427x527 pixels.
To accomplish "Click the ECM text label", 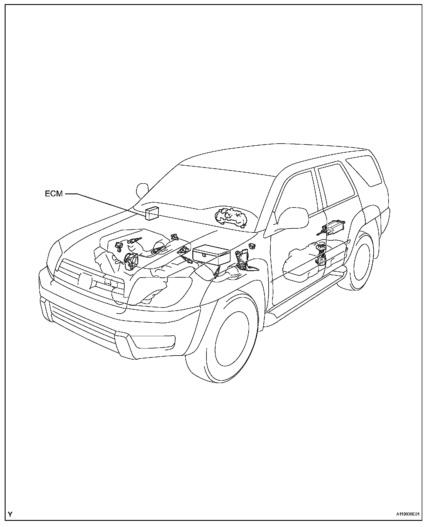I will [x=54, y=194].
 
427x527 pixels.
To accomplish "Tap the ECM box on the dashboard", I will [x=152, y=213].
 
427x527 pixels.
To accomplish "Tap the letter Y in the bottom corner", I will [x=10, y=514].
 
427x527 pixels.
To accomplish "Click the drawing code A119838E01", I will [x=408, y=514].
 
